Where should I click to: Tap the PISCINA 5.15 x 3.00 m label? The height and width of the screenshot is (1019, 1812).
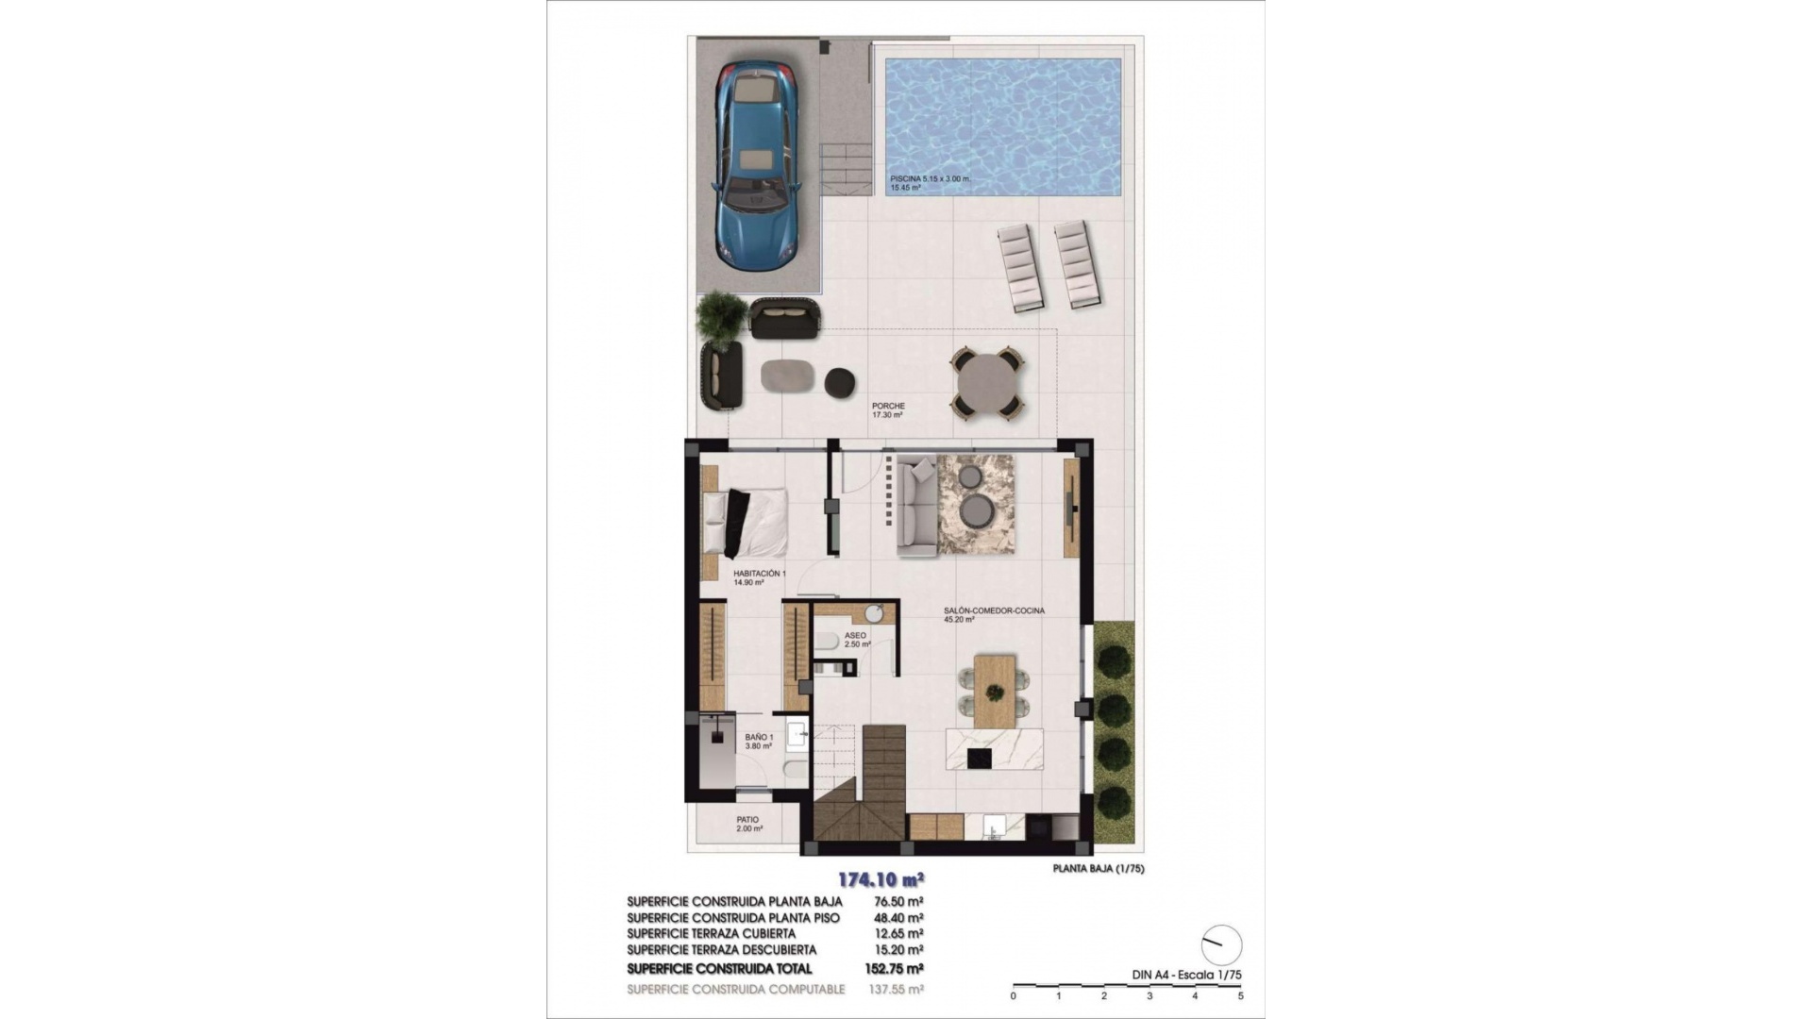pyautogui.click(x=930, y=179)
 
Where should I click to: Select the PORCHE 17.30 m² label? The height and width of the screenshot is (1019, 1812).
pyautogui.click(x=888, y=410)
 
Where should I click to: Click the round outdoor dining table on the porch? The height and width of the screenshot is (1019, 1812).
pyautogui.click(x=987, y=383)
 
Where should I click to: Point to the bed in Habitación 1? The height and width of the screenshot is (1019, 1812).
pyautogui.click(x=748, y=522)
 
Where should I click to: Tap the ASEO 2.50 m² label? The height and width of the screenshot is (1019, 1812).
pyautogui.click(x=856, y=640)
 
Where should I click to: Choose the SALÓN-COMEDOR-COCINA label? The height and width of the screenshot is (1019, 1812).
pyautogui.click(x=994, y=611)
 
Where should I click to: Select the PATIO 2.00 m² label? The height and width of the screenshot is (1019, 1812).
pyautogui.click(x=748, y=824)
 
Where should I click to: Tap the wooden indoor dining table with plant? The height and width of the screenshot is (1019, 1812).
pyautogui.click(x=994, y=691)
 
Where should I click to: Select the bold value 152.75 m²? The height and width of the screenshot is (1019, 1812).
pyautogui.click(x=894, y=969)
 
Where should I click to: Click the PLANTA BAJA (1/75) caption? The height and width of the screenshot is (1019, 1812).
pyautogui.click(x=1098, y=869)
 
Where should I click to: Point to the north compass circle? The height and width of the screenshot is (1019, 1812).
pyautogui.click(x=1221, y=944)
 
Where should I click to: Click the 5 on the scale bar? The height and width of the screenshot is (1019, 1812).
pyautogui.click(x=1240, y=996)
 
